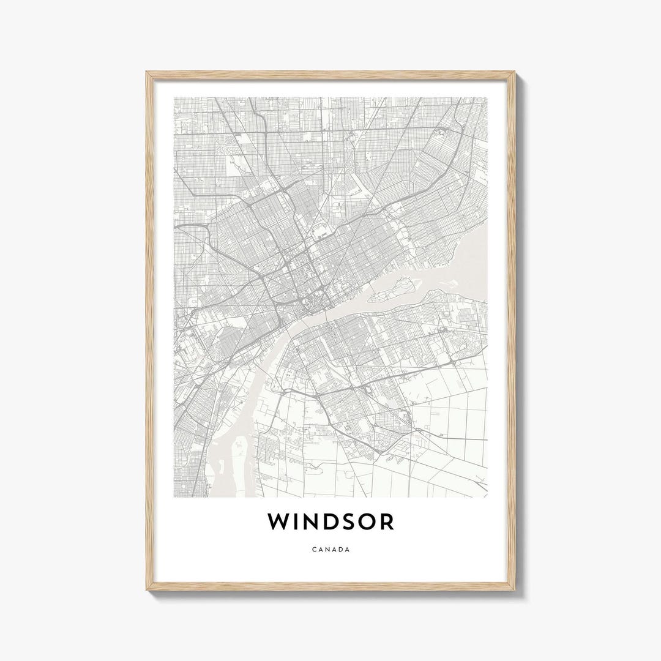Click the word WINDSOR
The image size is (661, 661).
click(330, 521)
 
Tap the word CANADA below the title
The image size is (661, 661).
click(330, 550)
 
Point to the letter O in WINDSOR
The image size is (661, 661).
click(365, 521)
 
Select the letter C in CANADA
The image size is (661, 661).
click(314, 550)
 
